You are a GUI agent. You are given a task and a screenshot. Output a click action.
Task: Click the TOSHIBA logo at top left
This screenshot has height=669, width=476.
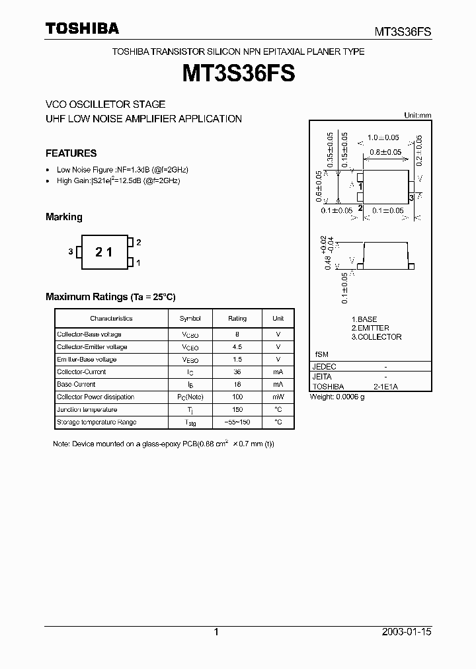(x=82, y=28)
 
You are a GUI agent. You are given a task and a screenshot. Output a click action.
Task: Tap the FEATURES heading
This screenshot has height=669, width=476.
(x=71, y=153)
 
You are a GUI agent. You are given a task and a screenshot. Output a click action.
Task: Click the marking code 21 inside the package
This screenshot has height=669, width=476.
(x=104, y=252)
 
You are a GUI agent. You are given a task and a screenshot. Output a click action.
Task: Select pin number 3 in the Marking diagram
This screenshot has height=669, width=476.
(x=69, y=252)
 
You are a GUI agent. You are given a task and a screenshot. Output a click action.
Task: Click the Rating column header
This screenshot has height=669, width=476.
(x=237, y=319)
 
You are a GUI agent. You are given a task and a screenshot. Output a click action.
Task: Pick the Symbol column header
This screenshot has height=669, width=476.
(x=190, y=319)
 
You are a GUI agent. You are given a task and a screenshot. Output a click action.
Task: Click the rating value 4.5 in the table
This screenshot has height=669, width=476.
(x=237, y=347)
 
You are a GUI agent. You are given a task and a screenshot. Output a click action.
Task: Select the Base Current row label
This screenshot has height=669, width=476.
(x=76, y=384)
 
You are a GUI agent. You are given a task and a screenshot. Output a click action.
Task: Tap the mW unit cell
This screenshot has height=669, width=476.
(x=278, y=397)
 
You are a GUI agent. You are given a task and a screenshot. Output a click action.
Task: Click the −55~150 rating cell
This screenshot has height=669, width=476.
(x=237, y=422)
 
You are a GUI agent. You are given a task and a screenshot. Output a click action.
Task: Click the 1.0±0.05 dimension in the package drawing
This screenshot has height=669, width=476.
(x=384, y=138)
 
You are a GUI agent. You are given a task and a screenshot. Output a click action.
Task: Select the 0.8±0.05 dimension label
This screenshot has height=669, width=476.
(x=385, y=152)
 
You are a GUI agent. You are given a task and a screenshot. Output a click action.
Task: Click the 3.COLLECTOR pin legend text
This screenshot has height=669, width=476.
(x=376, y=337)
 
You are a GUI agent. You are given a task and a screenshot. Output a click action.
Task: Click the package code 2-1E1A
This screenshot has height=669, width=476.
(x=385, y=386)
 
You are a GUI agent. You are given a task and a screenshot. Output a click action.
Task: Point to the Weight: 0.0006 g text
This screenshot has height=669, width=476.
(x=337, y=397)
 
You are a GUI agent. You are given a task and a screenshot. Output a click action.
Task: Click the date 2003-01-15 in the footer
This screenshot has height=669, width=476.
(x=407, y=632)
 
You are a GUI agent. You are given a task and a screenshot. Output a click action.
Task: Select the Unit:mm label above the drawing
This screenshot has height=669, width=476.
(x=417, y=115)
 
